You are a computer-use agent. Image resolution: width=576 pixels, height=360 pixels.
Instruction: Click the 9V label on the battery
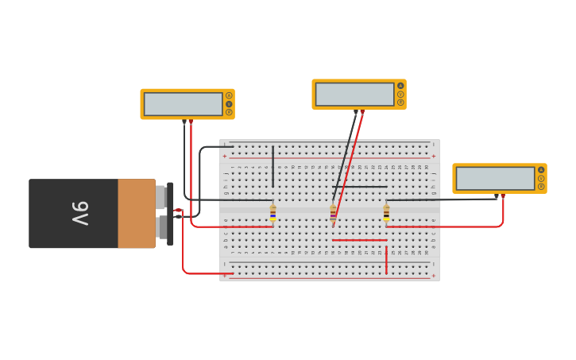80,213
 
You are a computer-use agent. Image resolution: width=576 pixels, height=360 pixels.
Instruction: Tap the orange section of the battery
136,213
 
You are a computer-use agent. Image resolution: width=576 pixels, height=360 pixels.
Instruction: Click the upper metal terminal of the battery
160,197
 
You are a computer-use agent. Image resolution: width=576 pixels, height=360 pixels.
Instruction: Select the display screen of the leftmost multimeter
183,104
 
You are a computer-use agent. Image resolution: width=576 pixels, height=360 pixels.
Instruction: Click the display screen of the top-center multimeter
354,95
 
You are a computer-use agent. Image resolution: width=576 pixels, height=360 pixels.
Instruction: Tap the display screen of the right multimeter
495,178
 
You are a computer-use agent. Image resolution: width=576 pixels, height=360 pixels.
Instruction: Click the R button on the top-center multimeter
400,103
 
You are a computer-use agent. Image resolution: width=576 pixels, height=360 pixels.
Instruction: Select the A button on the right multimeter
541,169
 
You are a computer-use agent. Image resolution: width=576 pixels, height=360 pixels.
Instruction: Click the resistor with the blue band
273,213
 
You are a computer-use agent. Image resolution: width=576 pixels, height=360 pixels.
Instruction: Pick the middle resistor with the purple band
333,213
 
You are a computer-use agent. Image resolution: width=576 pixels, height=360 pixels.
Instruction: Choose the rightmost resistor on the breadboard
386,213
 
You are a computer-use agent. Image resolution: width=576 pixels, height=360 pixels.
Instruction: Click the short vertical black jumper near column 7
273,166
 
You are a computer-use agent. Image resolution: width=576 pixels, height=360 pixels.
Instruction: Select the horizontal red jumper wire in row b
359,240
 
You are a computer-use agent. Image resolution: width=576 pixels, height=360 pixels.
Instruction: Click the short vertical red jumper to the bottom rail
386,260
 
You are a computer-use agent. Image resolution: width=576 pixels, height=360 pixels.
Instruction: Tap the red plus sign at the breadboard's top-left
225,157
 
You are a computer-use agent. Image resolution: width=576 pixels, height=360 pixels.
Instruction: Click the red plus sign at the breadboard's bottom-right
433,276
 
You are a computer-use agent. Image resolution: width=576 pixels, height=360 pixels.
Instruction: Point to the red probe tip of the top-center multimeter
362,113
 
